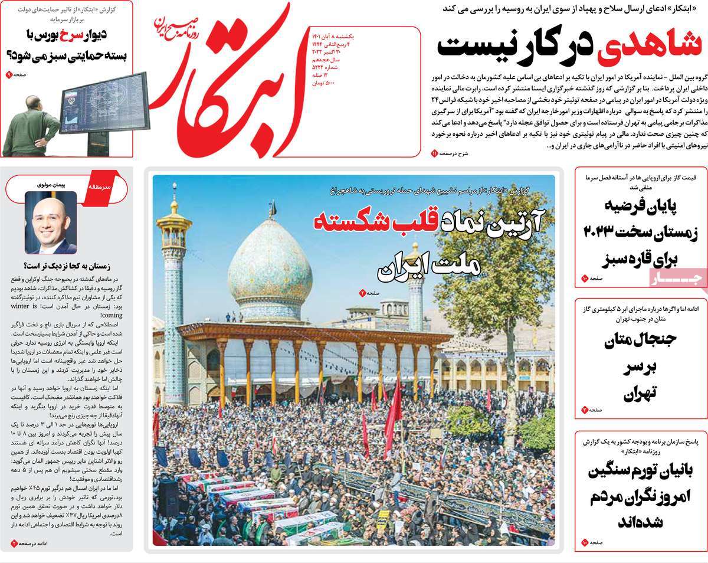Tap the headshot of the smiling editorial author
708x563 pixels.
click(50, 222)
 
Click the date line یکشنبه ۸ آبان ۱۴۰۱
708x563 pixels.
click(337, 37)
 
